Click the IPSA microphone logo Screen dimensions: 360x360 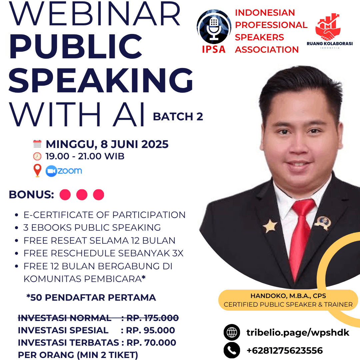pyautogui.click(x=214, y=27)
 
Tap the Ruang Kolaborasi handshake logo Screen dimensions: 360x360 pyautogui.click(x=328, y=27)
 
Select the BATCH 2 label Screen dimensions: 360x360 pyautogui.click(x=178, y=116)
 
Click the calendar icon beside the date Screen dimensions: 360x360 pyautogui.click(x=37, y=144)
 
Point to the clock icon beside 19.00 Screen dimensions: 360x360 pyautogui.click(x=37, y=156)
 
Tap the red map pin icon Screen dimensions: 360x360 pyautogui.click(x=37, y=170)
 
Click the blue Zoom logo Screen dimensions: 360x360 pyautogui.click(x=64, y=171)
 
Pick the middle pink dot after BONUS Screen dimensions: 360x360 pyautogui.click(x=82, y=195)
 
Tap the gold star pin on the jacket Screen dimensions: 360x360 pyautogui.click(x=270, y=226)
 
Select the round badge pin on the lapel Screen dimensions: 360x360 pyautogui.click(x=323, y=222)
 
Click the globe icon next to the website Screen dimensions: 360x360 pyautogui.click(x=232, y=332)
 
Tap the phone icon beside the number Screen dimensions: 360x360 pyautogui.click(x=232, y=350)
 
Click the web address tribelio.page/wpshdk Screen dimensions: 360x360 pyautogui.click(x=298, y=332)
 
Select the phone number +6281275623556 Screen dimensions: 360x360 pyautogui.click(x=285, y=351)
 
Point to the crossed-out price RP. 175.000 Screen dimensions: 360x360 pyautogui.click(x=152, y=318)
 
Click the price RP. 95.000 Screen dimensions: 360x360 pyautogui.click(x=150, y=330)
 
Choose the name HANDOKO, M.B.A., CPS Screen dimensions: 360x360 pyautogui.click(x=288, y=296)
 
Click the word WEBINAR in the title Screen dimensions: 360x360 pyautogui.click(x=95, y=14)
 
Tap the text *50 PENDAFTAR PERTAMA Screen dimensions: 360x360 pyautogui.click(x=91, y=297)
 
